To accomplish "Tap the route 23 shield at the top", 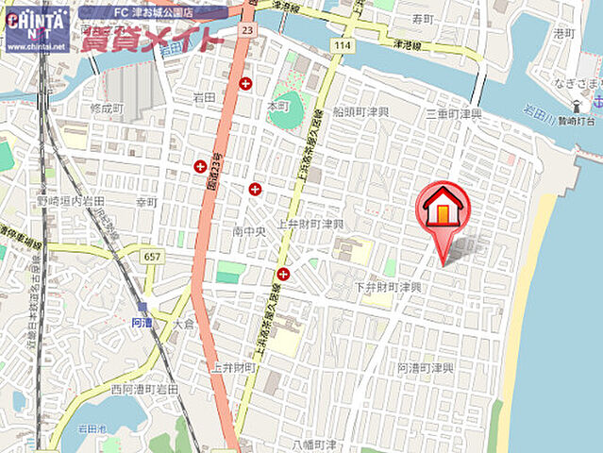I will click(246, 30).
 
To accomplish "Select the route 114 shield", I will click(342, 45).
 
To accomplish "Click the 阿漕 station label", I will click(141, 322).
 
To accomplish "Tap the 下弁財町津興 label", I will click(388, 286).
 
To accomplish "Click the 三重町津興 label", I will click(453, 113).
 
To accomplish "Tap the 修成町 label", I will click(107, 109).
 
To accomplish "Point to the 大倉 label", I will click(183, 324).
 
